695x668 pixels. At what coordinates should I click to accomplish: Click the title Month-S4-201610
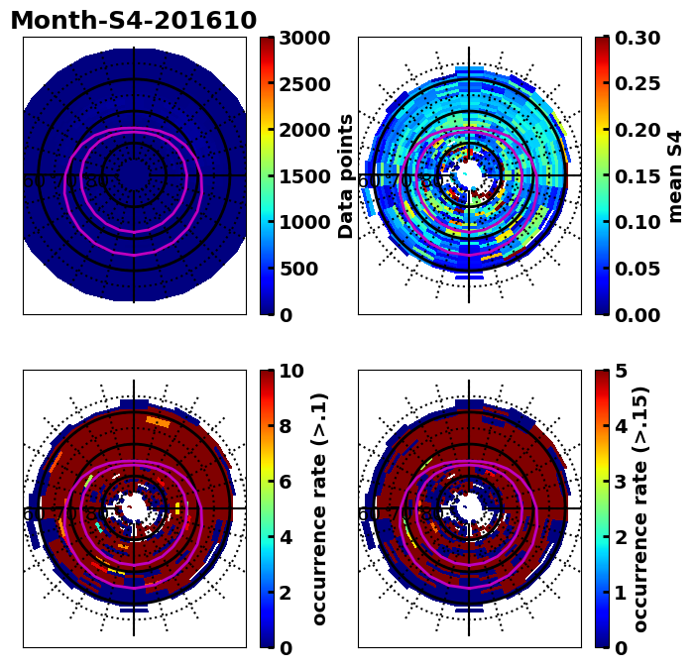pyautogui.click(x=133, y=21)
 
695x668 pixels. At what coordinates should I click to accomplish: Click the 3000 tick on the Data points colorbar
pyautogui.click(x=303, y=38)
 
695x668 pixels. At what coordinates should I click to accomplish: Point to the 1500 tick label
pyautogui.click(x=303, y=176)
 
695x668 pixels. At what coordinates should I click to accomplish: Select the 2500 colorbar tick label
pyautogui.click(x=303, y=84)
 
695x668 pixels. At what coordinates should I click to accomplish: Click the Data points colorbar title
pyautogui.click(x=346, y=176)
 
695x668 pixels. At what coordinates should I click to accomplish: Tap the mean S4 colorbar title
pyautogui.click(x=676, y=176)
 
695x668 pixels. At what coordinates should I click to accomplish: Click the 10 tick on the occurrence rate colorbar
pyautogui.click(x=290, y=371)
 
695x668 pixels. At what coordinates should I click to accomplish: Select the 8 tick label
pyautogui.click(x=285, y=426)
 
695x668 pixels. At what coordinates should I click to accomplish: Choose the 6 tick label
pyautogui.click(x=285, y=482)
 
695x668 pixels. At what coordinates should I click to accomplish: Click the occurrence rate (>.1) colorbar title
pyautogui.click(x=320, y=508)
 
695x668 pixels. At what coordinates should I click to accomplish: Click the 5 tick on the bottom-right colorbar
pyautogui.click(x=621, y=371)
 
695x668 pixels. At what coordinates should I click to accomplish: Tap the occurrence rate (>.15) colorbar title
pyautogui.click(x=641, y=508)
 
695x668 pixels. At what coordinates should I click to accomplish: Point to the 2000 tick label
pyautogui.click(x=303, y=130)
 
